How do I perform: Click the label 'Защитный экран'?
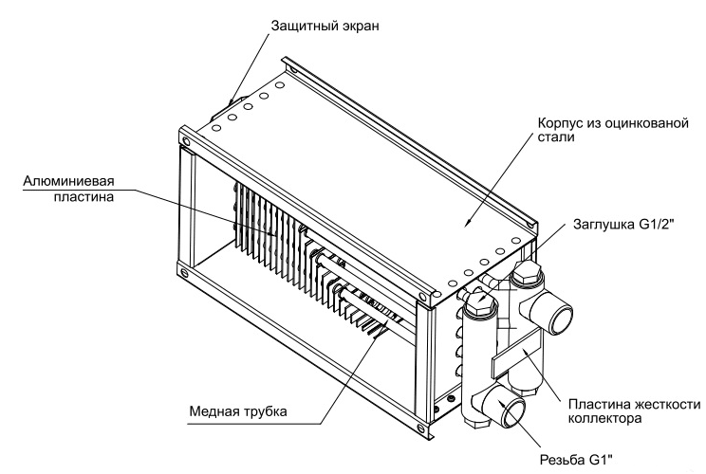point(325,27)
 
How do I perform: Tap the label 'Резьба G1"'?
point(576,460)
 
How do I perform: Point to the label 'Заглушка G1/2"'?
point(623,224)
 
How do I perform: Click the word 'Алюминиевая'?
point(68,181)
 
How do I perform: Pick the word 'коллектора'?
point(604,419)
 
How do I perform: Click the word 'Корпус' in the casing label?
point(561,123)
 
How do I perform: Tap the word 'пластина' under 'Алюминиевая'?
point(84,196)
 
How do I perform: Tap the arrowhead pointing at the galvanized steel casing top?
point(468,221)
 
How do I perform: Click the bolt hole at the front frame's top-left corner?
point(185,140)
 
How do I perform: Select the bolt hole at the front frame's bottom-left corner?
point(184,272)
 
